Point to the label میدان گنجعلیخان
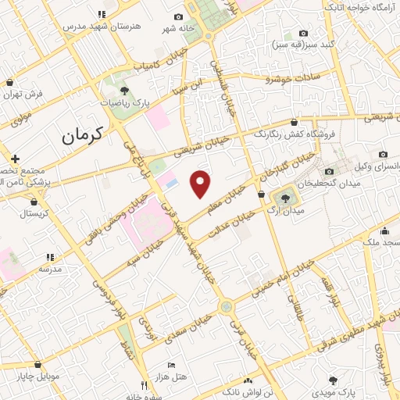335,182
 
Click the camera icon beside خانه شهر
179,17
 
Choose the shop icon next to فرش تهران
9,82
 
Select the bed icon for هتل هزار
172,366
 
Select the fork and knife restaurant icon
143,385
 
